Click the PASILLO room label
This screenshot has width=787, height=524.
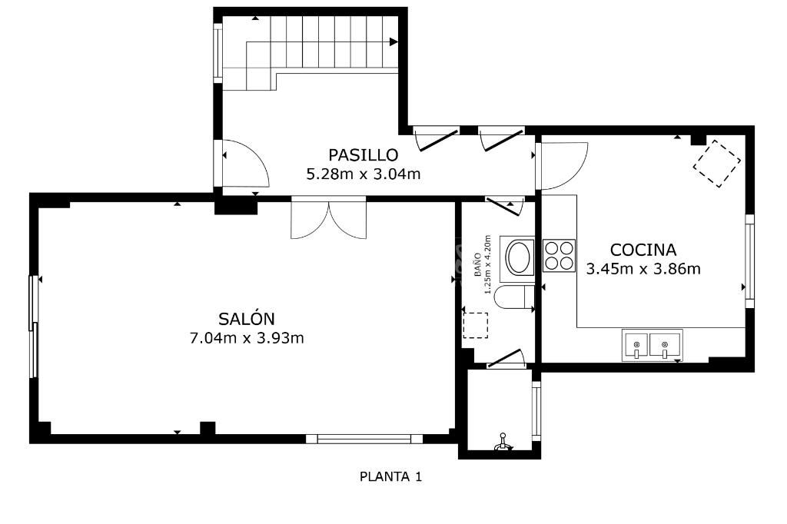363,154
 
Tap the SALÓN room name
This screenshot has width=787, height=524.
247,318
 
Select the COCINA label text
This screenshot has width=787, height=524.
643,250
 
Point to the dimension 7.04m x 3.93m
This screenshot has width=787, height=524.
247,338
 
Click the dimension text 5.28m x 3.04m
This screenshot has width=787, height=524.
364,174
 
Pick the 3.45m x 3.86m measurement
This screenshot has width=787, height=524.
643,269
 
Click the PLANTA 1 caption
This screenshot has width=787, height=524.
390,476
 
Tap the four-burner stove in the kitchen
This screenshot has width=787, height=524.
559,256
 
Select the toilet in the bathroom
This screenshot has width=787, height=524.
514,297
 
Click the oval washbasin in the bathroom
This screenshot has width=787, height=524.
518,257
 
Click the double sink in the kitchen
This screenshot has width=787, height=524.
652,345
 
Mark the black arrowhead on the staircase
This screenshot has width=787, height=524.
394,41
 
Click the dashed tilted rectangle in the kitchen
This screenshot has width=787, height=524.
717,164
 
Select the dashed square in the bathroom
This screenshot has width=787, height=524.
475,325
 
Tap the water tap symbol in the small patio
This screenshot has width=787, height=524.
503,442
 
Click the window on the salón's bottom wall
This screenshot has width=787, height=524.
364,439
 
